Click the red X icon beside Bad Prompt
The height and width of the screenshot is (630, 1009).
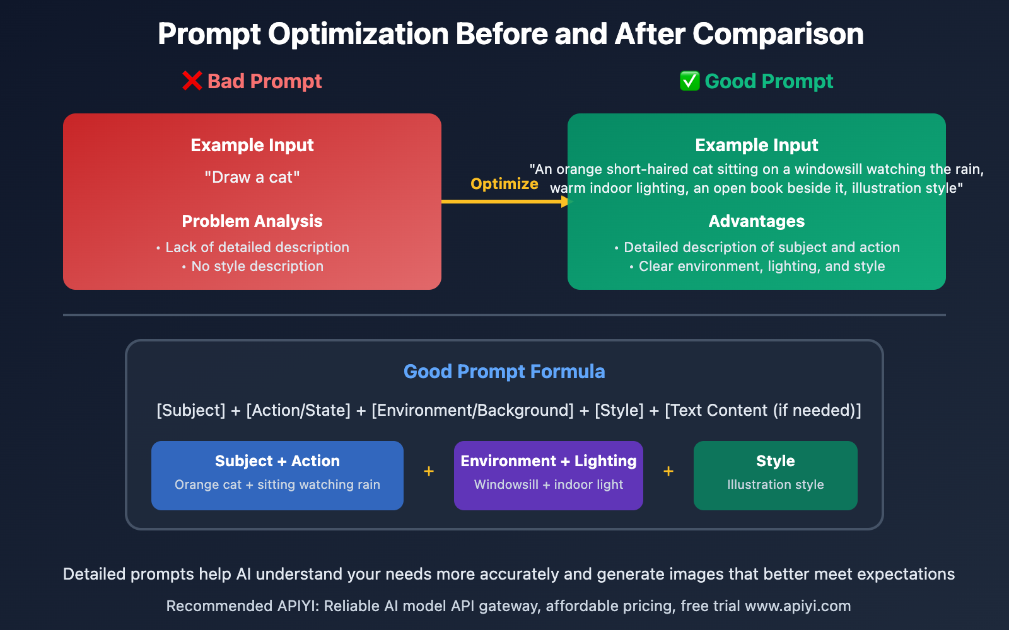(x=192, y=81)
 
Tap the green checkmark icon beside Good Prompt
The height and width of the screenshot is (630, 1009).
(x=690, y=81)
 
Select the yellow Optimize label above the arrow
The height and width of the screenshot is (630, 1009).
(x=504, y=183)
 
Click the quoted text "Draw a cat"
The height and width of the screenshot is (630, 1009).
(x=252, y=177)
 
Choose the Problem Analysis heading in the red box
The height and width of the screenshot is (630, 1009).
(x=252, y=221)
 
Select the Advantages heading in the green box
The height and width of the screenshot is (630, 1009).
(x=756, y=221)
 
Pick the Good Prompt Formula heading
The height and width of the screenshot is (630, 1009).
(x=504, y=371)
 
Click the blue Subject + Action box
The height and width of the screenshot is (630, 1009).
(x=277, y=475)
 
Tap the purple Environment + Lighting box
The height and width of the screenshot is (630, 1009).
(x=548, y=475)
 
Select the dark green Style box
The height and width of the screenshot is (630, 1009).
(x=775, y=475)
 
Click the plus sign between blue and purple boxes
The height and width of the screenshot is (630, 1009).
(x=429, y=471)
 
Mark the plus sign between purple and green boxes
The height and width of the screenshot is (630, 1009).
(x=668, y=471)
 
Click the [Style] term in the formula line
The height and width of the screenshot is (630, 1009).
(x=619, y=410)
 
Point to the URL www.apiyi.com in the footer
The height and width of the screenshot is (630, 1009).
(x=798, y=606)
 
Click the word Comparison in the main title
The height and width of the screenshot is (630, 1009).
(x=778, y=34)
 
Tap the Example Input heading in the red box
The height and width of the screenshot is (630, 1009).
(x=252, y=145)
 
